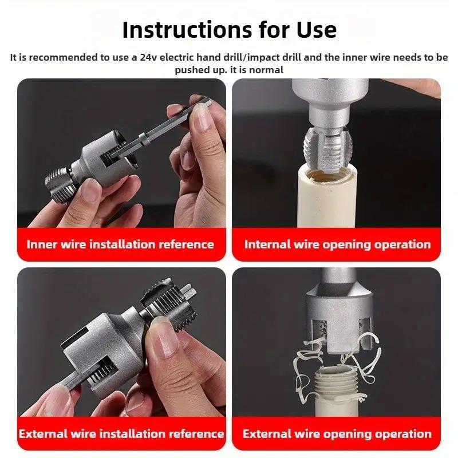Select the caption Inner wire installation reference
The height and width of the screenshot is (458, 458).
coord(120,244)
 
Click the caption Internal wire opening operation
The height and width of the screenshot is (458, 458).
coord(337,244)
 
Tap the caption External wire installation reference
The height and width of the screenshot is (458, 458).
coord(121,433)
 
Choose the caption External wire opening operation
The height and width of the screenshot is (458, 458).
coord(337,433)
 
